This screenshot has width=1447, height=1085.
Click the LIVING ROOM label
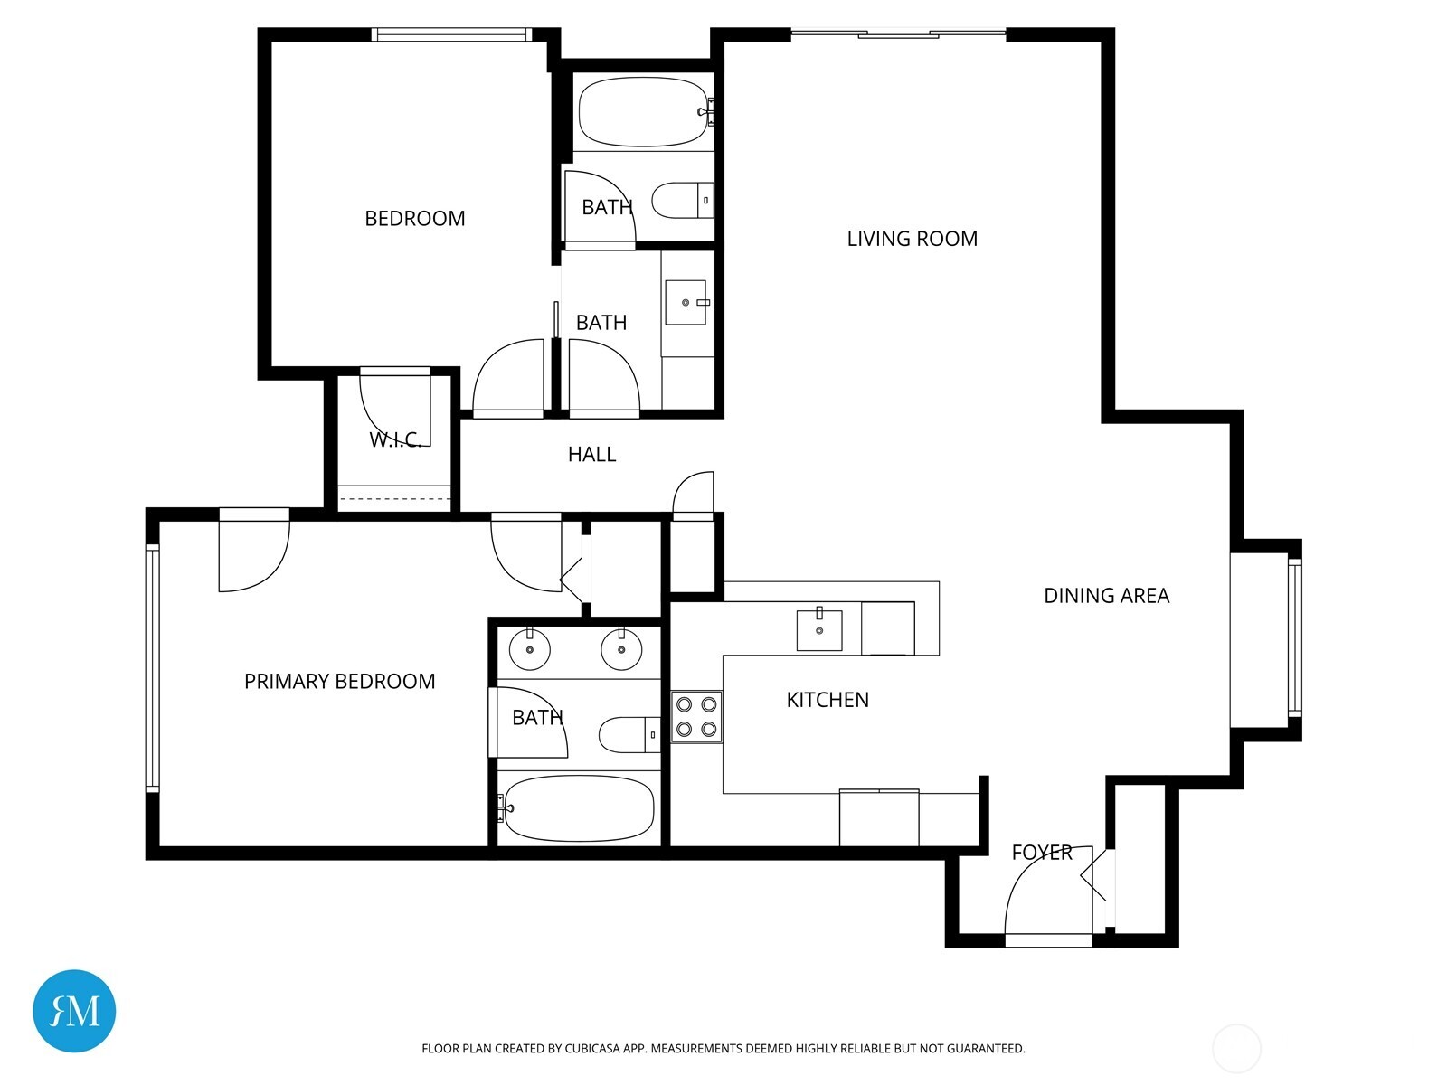pos(912,239)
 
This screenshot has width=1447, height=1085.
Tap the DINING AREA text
pos(1106,596)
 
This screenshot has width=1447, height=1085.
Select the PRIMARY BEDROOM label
pos(339,682)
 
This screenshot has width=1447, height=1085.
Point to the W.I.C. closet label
pos(395,440)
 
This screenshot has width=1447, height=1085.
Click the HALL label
pos(591,455)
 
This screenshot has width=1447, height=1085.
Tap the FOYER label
pos(1041,853)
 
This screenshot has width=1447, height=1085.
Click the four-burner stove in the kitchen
pos(696,717)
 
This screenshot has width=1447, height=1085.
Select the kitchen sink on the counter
pos(819,630)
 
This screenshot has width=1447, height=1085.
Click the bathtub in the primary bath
pos(579,807)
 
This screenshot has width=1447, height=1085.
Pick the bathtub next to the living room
pos(643,112)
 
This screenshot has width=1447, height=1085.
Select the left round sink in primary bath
pos(530,649)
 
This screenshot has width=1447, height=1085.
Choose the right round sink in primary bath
pos(622,649)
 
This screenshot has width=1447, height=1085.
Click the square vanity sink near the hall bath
pos(686,302)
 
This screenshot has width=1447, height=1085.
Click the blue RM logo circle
pos(74,1011)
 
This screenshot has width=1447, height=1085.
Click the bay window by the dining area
pos(1294,637)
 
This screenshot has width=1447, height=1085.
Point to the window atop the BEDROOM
pos(450,35)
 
